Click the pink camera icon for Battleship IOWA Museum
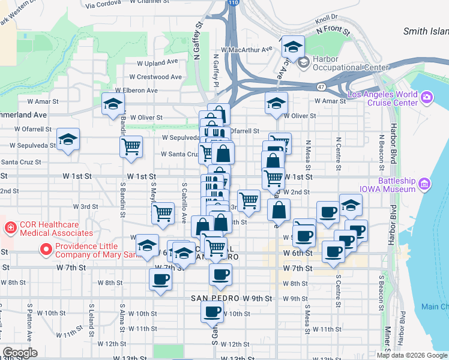(x=426, y=183)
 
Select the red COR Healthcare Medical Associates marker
(x=10, y=228)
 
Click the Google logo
(x=20, y=352)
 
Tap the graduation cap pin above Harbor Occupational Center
(x=292, y=47)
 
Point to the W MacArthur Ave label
(x=247, y=49)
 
